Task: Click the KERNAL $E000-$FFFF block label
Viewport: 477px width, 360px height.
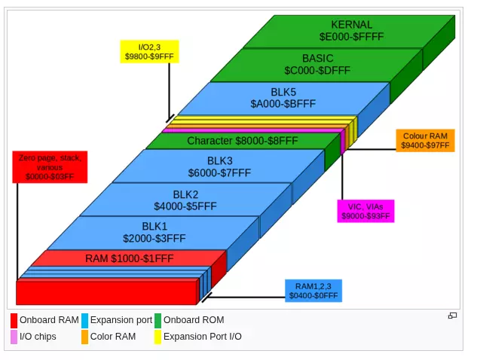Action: (351, 30)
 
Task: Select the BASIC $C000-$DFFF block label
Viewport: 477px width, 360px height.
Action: (317, 64)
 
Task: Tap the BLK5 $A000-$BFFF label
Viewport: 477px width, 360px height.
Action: (283, 98)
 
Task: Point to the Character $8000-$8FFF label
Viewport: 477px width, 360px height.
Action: (242, 141)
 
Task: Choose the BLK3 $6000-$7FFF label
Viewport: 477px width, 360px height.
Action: (219, 166)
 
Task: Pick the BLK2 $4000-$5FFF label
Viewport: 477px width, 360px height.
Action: (185, 200)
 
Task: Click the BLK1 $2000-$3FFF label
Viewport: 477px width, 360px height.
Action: (154, 232)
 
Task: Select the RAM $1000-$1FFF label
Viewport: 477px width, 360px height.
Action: (130, 258)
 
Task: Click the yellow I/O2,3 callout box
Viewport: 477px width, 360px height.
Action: (149, 52)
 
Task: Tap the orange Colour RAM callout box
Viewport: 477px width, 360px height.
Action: (425, 141)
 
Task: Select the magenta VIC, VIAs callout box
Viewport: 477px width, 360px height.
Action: (365, 211)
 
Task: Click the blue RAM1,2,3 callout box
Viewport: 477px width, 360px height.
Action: (313, 291)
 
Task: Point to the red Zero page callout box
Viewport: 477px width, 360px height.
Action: (50, 167)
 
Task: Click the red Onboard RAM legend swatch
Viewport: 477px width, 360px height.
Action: (14, 321)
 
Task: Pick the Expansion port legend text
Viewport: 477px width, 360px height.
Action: (121, 320)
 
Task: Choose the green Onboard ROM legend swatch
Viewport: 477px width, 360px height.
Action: (157, 321)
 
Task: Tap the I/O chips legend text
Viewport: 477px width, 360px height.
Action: (38, 337)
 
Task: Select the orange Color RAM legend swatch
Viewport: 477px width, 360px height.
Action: (85, 337)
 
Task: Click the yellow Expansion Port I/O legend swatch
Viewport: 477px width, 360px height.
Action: (157, 337)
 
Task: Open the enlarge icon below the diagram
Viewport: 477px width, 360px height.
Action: (452, 316)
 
